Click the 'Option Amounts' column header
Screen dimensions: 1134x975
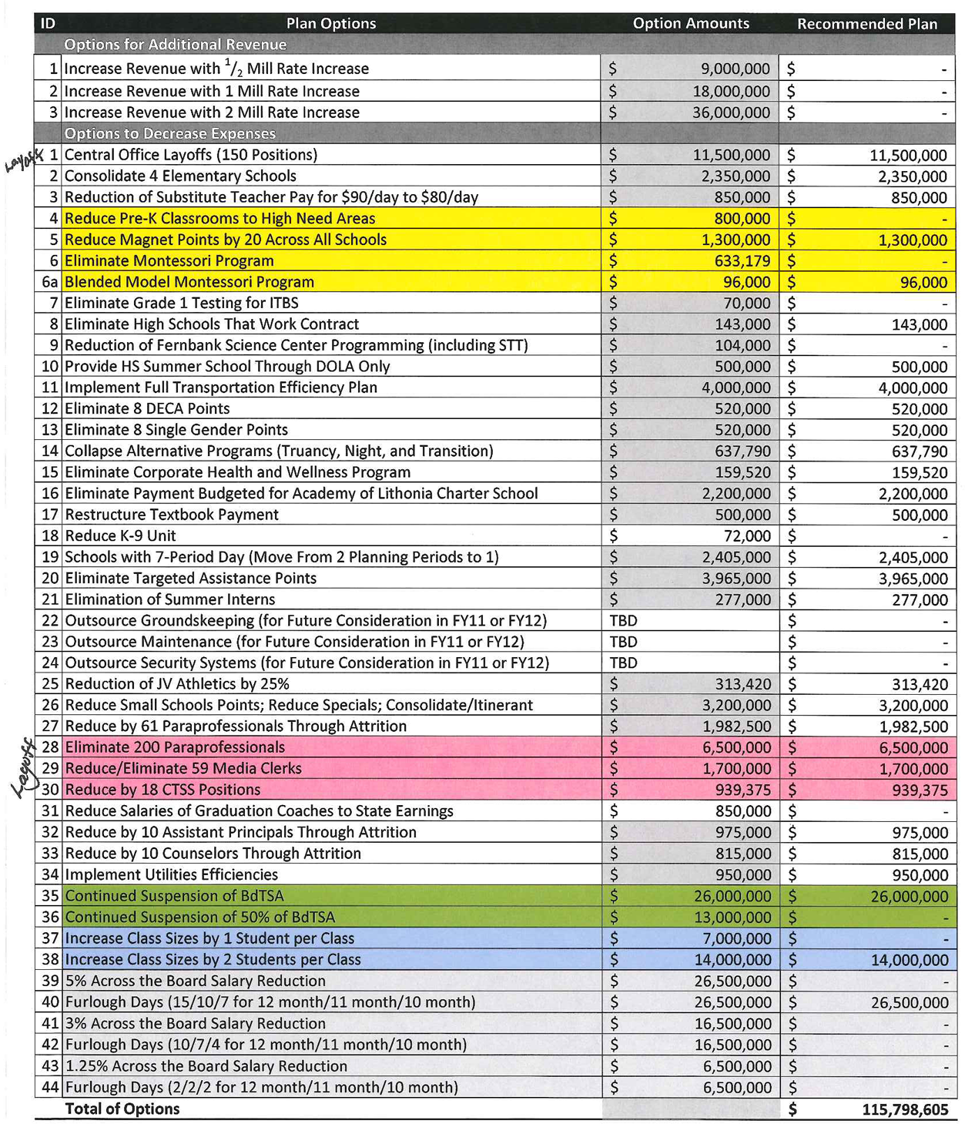pos(690,23)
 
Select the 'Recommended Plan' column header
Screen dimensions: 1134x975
pos(866,24)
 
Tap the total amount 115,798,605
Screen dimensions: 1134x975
pos(904,1109)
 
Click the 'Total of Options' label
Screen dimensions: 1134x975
pos(122,1109)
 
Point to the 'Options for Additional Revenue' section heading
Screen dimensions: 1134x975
pos(175,45)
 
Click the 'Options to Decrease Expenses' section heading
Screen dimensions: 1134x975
pos(169,133)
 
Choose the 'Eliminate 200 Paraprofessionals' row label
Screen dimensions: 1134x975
pos(175,747)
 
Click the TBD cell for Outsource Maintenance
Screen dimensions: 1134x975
pos(623,642)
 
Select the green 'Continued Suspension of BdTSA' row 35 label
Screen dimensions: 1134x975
pos(175,896)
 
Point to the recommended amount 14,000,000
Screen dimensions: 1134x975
pos(909,960)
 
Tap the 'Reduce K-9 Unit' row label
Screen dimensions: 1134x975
pos(120,535)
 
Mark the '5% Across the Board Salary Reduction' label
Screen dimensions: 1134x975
pos(196,981)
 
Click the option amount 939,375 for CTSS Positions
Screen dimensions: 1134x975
pos(742,790)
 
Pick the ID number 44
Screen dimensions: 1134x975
pos(50,1087)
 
